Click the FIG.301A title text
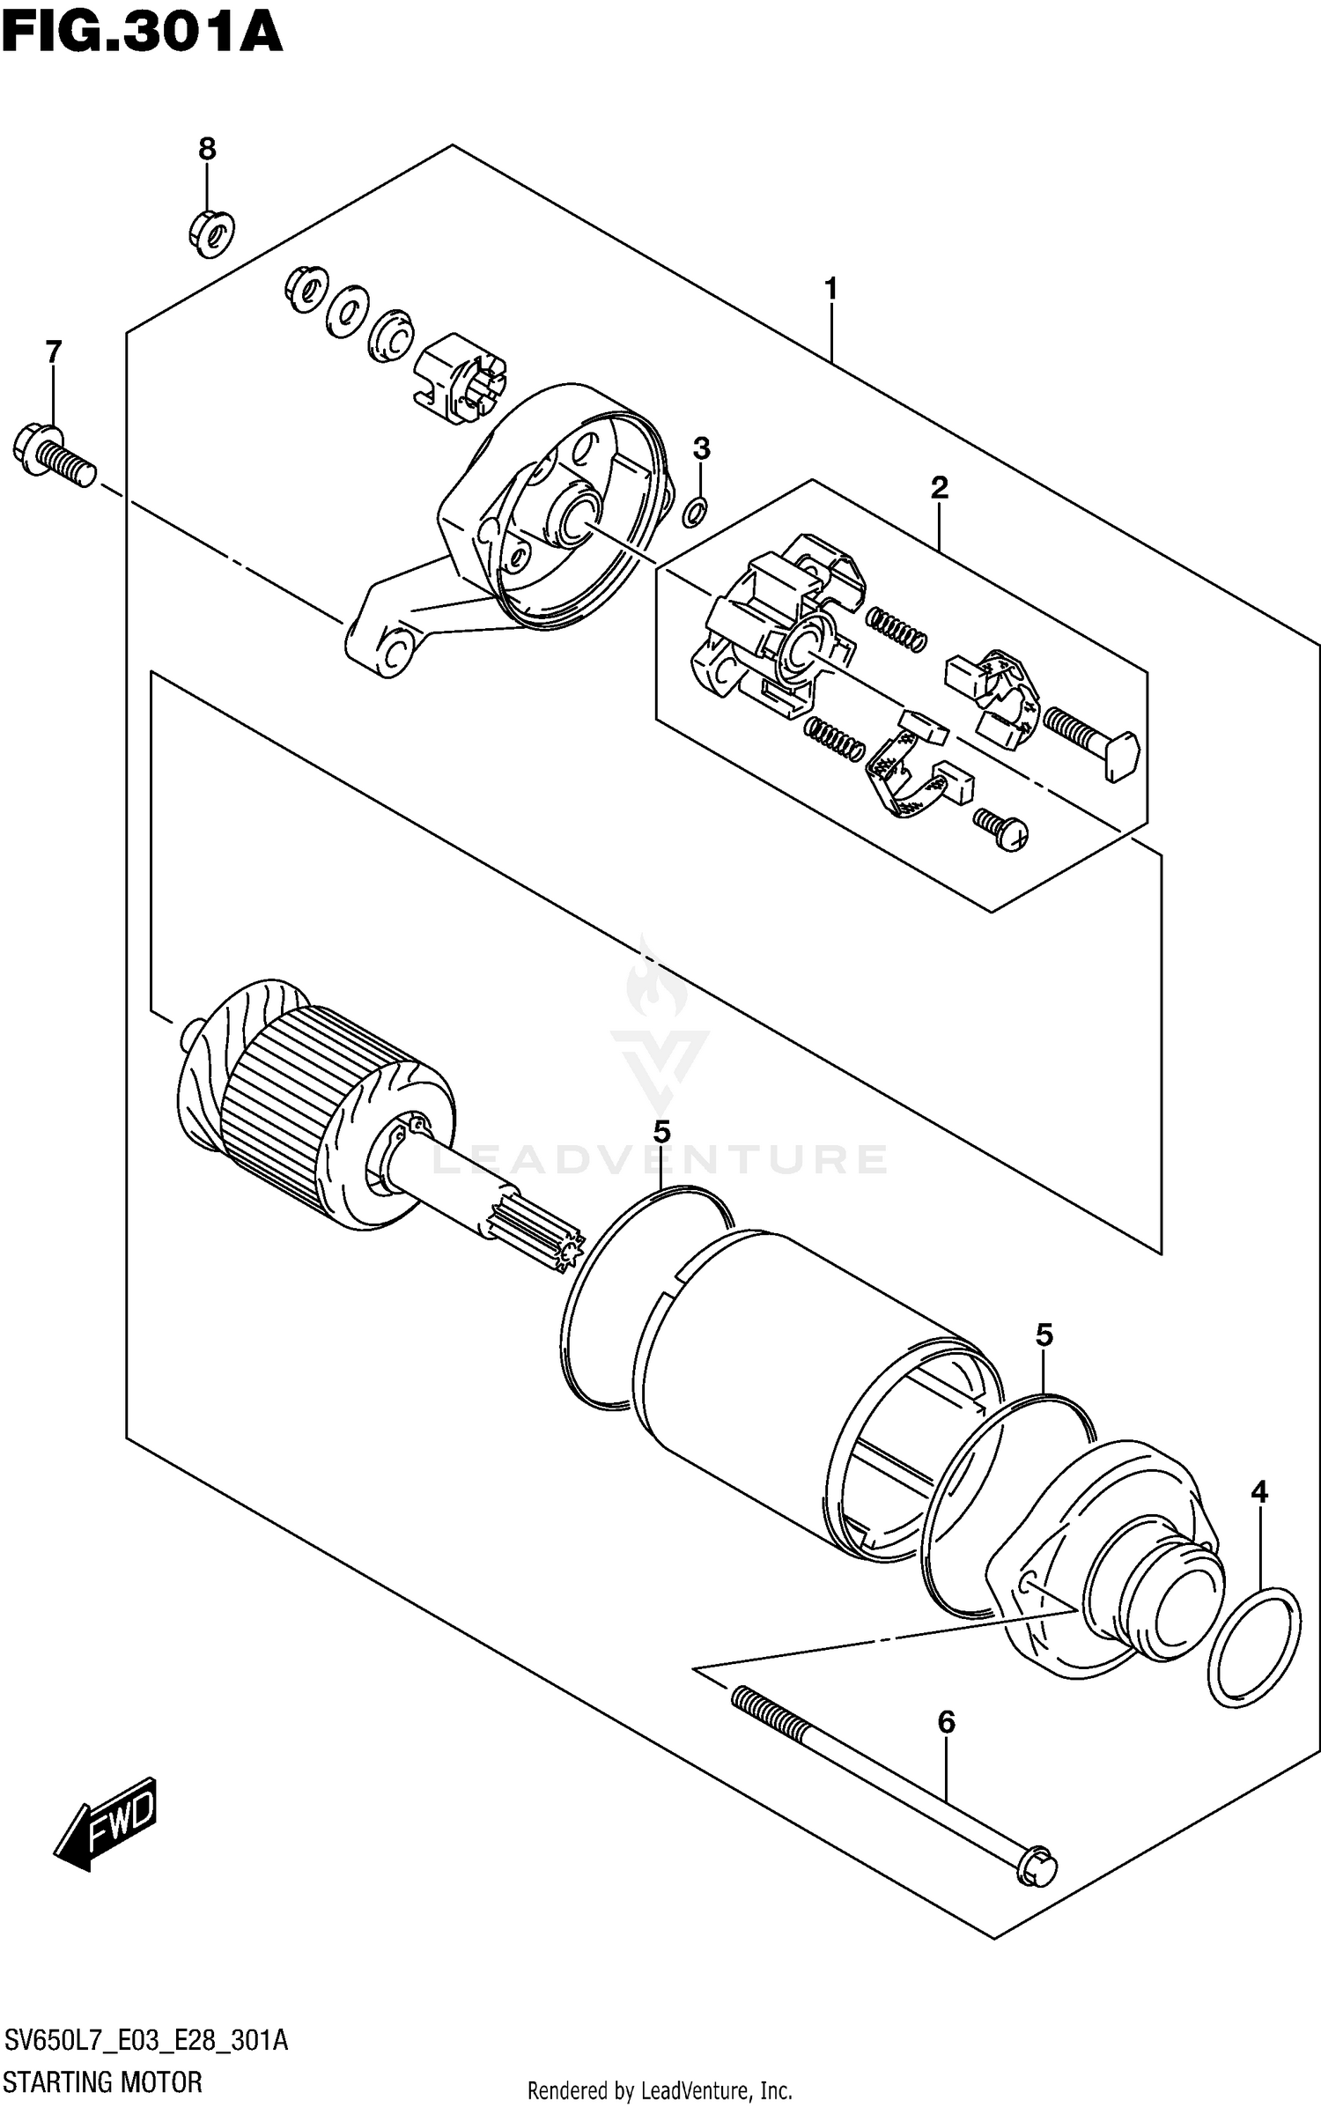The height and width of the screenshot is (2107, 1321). (141, 33)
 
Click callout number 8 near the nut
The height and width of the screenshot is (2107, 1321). (207, 149)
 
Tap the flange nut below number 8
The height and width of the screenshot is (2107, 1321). (212, 233)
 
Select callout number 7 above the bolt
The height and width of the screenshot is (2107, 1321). (54, 352)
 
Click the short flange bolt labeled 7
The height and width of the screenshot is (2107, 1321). (53, 453)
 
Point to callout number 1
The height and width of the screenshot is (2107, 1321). (830, 288)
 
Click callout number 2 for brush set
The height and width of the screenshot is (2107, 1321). (939, 487)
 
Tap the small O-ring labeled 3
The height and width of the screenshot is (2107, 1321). (694, 510)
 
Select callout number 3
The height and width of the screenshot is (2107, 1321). (701, 449)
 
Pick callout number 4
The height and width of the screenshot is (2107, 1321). (1259, 1491)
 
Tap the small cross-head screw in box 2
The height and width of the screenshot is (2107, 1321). (1003, 830)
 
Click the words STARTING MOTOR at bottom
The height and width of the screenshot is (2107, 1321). (103, 2081)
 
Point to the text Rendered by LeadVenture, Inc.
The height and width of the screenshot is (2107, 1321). (660, 2090)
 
